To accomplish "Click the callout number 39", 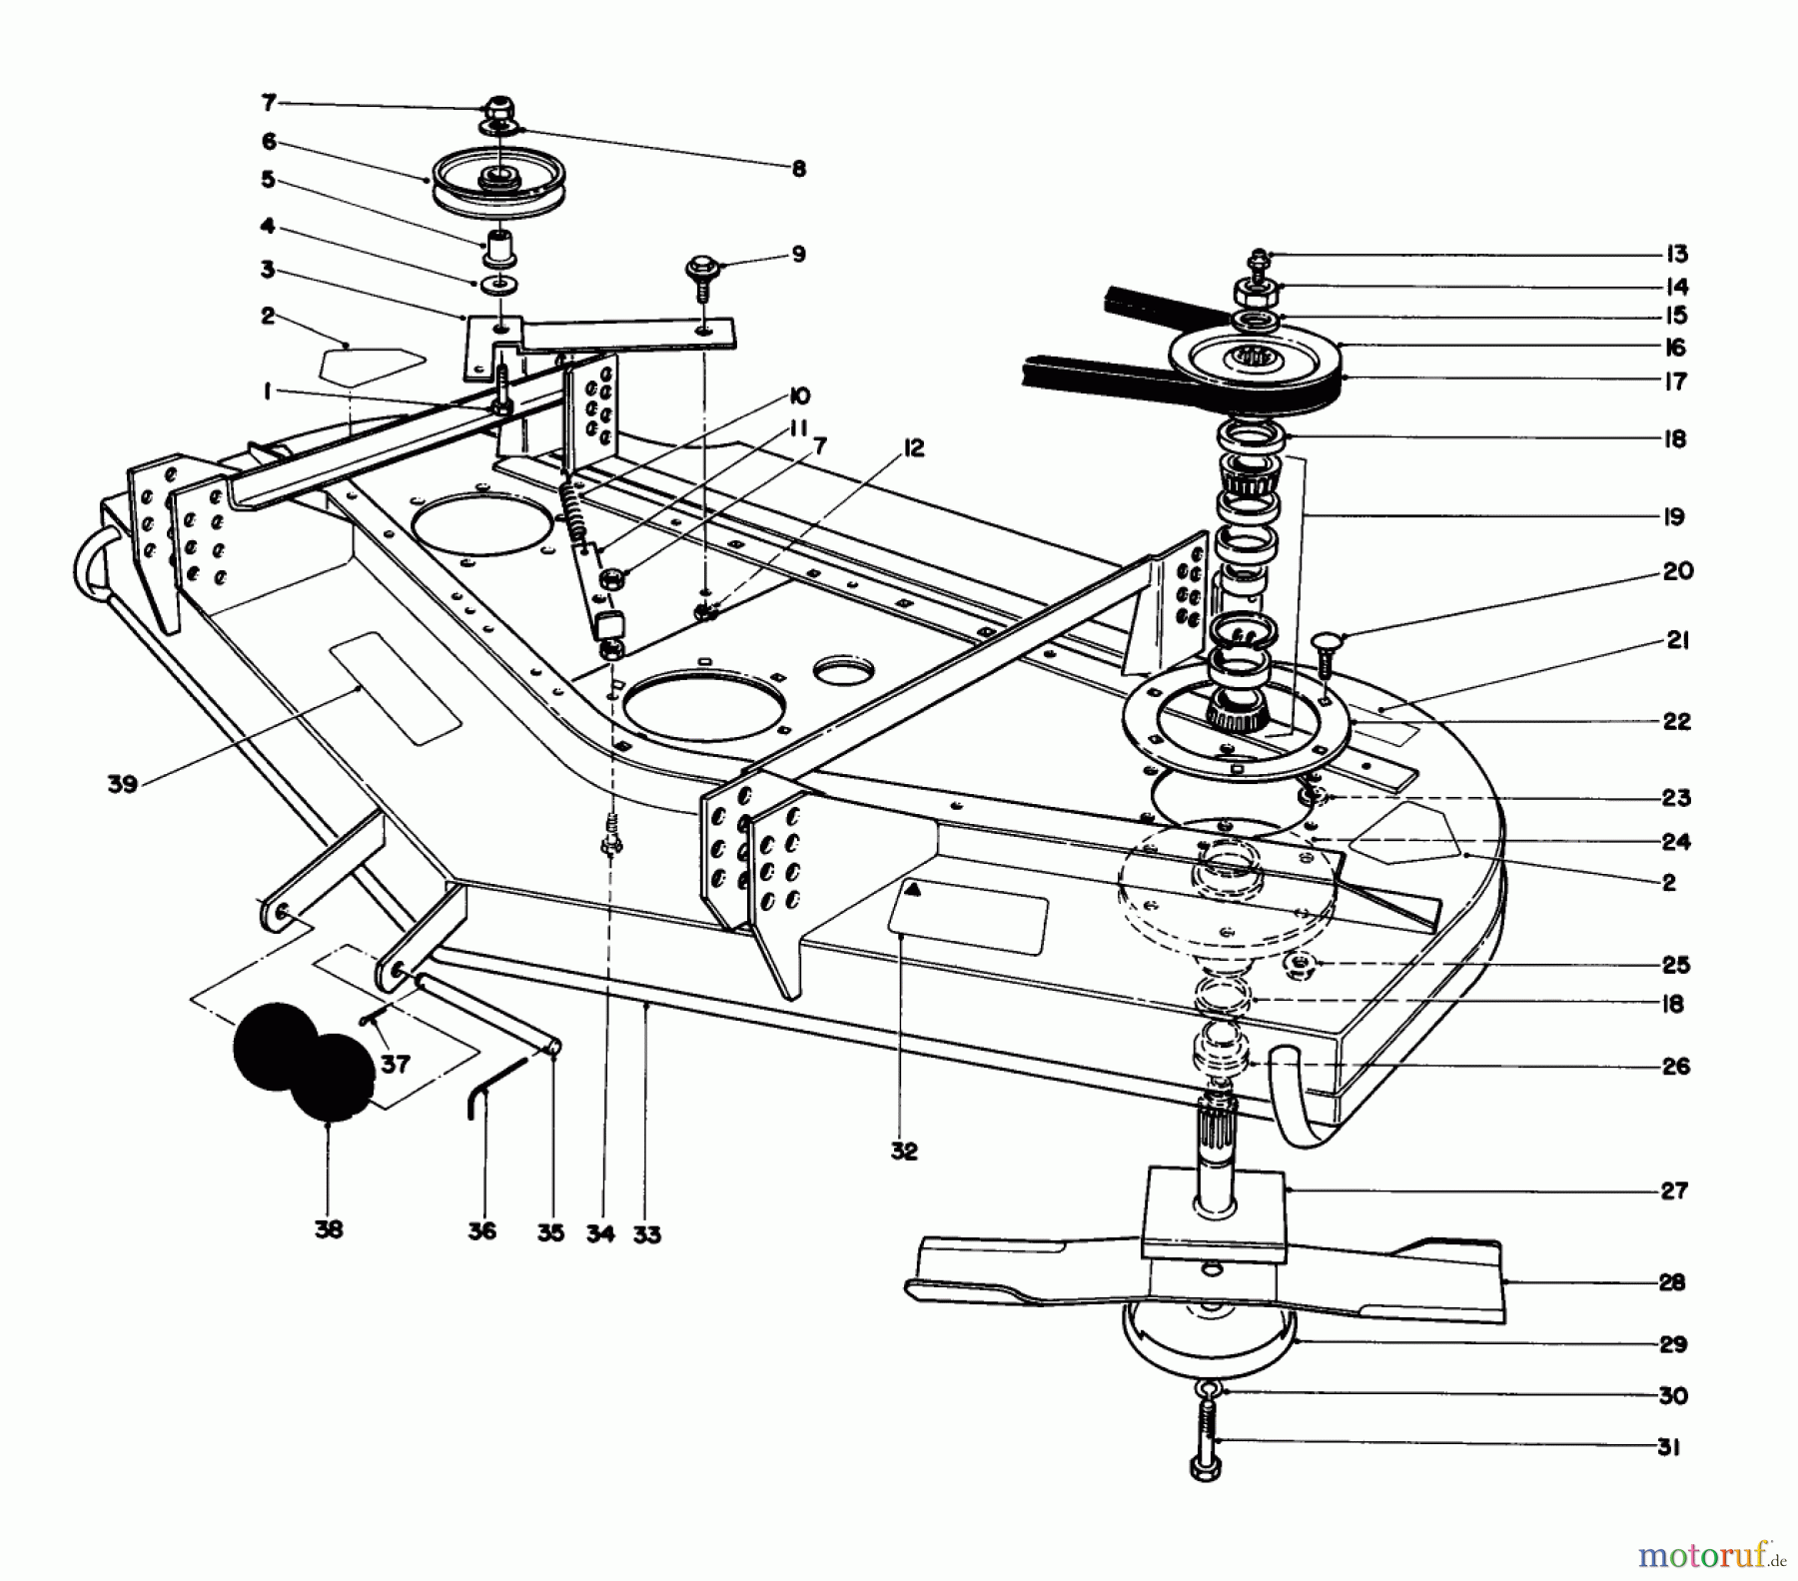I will click(x=122, y=784).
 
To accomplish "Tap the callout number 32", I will click(x=903, y=1151).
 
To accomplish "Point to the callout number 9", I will click(x=797, y=254).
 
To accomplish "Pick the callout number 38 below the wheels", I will click(x=328, y=1229).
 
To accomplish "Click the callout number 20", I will click(x=1677, y=571).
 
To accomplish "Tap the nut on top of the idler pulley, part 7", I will click(x=496, y=106).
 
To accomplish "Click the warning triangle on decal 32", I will click(x=912, y=890).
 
